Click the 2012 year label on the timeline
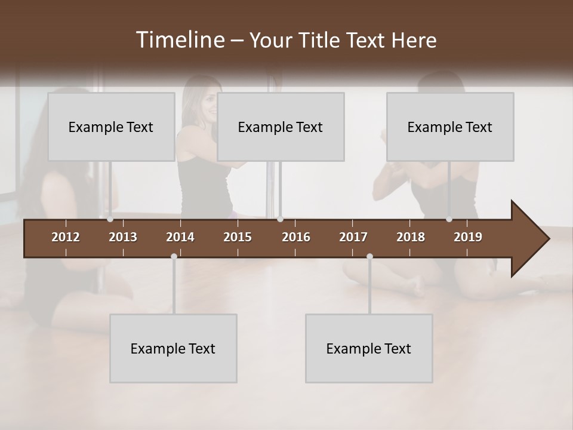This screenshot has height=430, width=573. (x=66, y=237)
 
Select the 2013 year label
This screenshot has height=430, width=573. (x=123, y=237)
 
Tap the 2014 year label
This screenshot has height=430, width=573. (x=180, y=237)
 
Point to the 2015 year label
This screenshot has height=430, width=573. (x=238, y=237)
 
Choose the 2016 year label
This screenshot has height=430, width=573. (x=296, y=237)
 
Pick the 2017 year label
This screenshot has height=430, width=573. (x=353, y=237)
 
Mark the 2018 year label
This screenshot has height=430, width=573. (x=411, y=237)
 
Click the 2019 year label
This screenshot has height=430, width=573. (x=468, y=237)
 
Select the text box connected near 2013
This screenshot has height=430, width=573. (x=111, y=127)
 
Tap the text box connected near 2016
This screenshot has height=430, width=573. (x=281, y=127)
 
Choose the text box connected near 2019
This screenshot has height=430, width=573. (x=450, y=127)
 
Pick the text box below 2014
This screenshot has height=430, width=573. (x=173, y=348)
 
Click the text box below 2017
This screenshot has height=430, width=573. (x=369, y=348)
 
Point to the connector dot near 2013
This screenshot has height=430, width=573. (x=110, y=219)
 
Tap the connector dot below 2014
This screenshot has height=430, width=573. (x=174, y=257)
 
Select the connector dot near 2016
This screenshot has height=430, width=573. (x=280, y=219)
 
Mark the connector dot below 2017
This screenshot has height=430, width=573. (x=369, y=257)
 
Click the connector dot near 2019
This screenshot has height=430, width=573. (x=449, y=219)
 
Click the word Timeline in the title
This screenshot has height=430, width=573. (x=180, y=40)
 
